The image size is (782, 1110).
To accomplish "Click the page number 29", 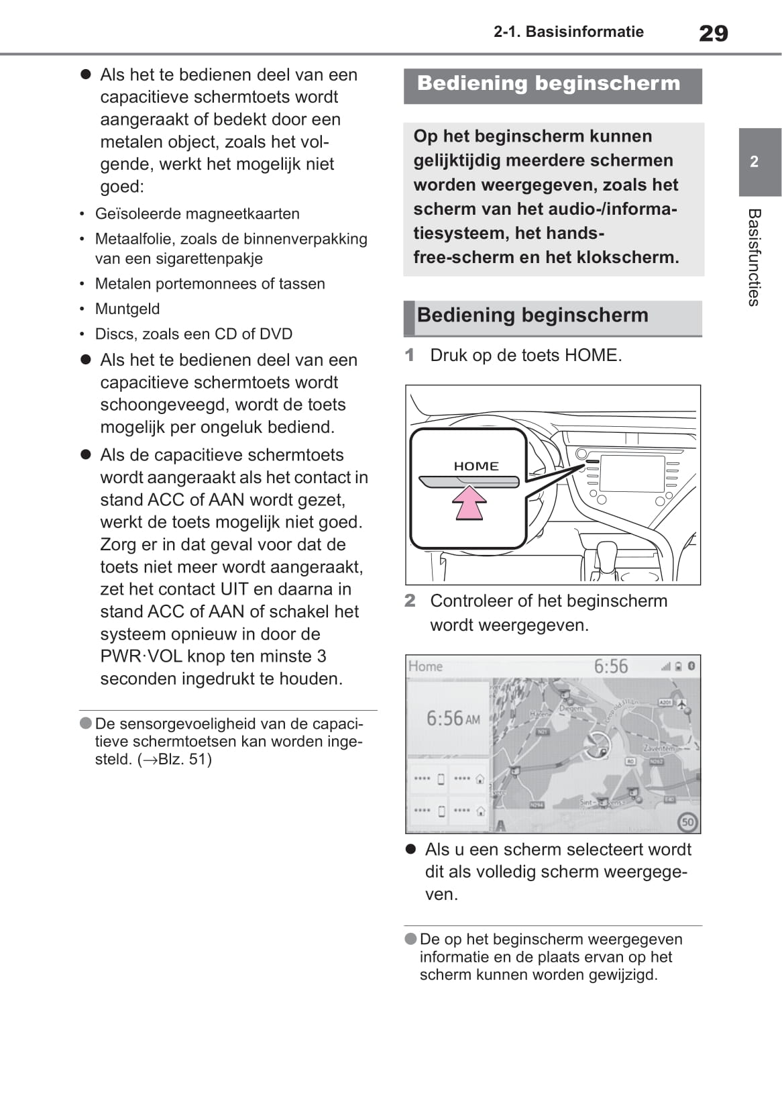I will pos(713,33).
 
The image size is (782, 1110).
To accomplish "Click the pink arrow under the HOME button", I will pos(469,503).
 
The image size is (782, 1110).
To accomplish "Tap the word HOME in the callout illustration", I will pos(476,466).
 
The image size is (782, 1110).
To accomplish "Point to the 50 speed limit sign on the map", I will pos(687,821).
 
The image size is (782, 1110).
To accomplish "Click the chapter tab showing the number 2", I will pos(754,162).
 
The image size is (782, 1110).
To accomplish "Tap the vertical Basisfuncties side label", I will pos(754,257).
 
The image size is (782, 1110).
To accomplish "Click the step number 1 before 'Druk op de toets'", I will pos(410,355).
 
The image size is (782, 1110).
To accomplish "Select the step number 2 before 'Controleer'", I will pos(410,601).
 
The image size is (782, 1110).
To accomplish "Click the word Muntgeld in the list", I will pos(127,309).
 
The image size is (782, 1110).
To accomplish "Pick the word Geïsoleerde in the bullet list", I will pos(137,214).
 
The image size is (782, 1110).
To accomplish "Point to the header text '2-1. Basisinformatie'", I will pos(568,32).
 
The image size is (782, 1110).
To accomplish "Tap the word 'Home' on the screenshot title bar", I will pos(425,666).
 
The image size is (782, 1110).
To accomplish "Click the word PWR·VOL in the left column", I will pos(141,656).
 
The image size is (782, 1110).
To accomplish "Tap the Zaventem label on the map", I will pos(659,747).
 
